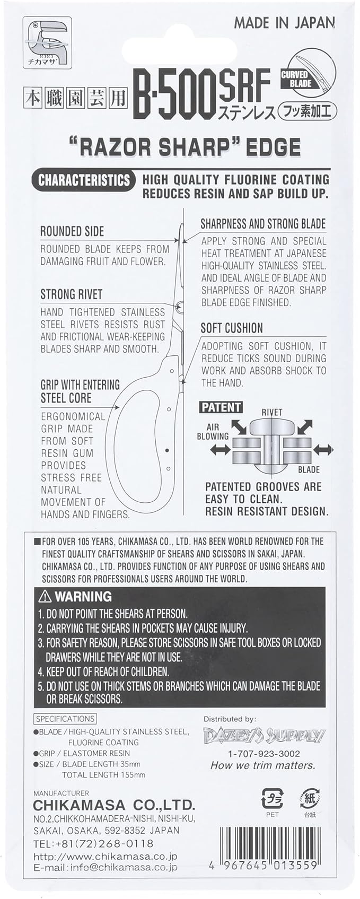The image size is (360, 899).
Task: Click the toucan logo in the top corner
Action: [47, 43]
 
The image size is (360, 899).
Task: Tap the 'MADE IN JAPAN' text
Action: [284, 23]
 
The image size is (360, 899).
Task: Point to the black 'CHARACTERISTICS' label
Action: [84, 180]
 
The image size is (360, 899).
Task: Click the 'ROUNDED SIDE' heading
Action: [72, 231]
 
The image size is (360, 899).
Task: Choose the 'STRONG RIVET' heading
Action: [72, 294]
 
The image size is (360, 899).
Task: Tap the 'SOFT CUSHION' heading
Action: [232, 328]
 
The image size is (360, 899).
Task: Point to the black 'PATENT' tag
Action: [221, 407]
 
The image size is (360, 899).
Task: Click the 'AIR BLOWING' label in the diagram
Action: [212, 432]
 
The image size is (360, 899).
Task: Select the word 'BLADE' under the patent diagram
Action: [309, 469]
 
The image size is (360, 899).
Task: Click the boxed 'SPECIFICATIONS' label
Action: [65, 719]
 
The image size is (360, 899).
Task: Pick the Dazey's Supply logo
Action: [264, 735]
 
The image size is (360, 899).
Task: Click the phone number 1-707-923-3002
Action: [264, 754]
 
